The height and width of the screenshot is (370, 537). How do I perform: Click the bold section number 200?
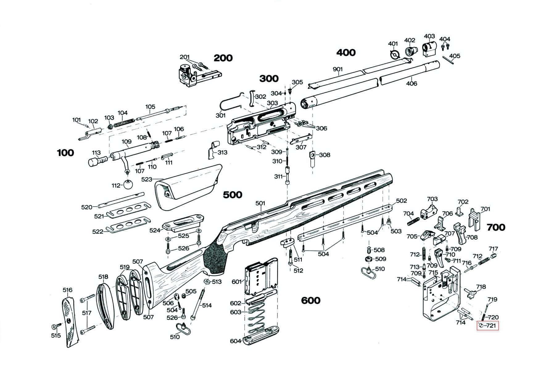pos(223,58)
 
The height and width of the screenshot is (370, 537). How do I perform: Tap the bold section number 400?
pos(346,52)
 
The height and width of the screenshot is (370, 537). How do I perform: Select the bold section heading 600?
pos(310,300)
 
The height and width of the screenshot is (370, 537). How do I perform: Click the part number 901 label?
pos(338,69)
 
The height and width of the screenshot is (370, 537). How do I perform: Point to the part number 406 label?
pos(411,83)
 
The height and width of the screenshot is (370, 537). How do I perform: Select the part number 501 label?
pos(260,203)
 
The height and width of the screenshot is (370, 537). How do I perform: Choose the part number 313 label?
pos(222,152)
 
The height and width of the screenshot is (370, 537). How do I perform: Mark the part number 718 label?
pos(481,287)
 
